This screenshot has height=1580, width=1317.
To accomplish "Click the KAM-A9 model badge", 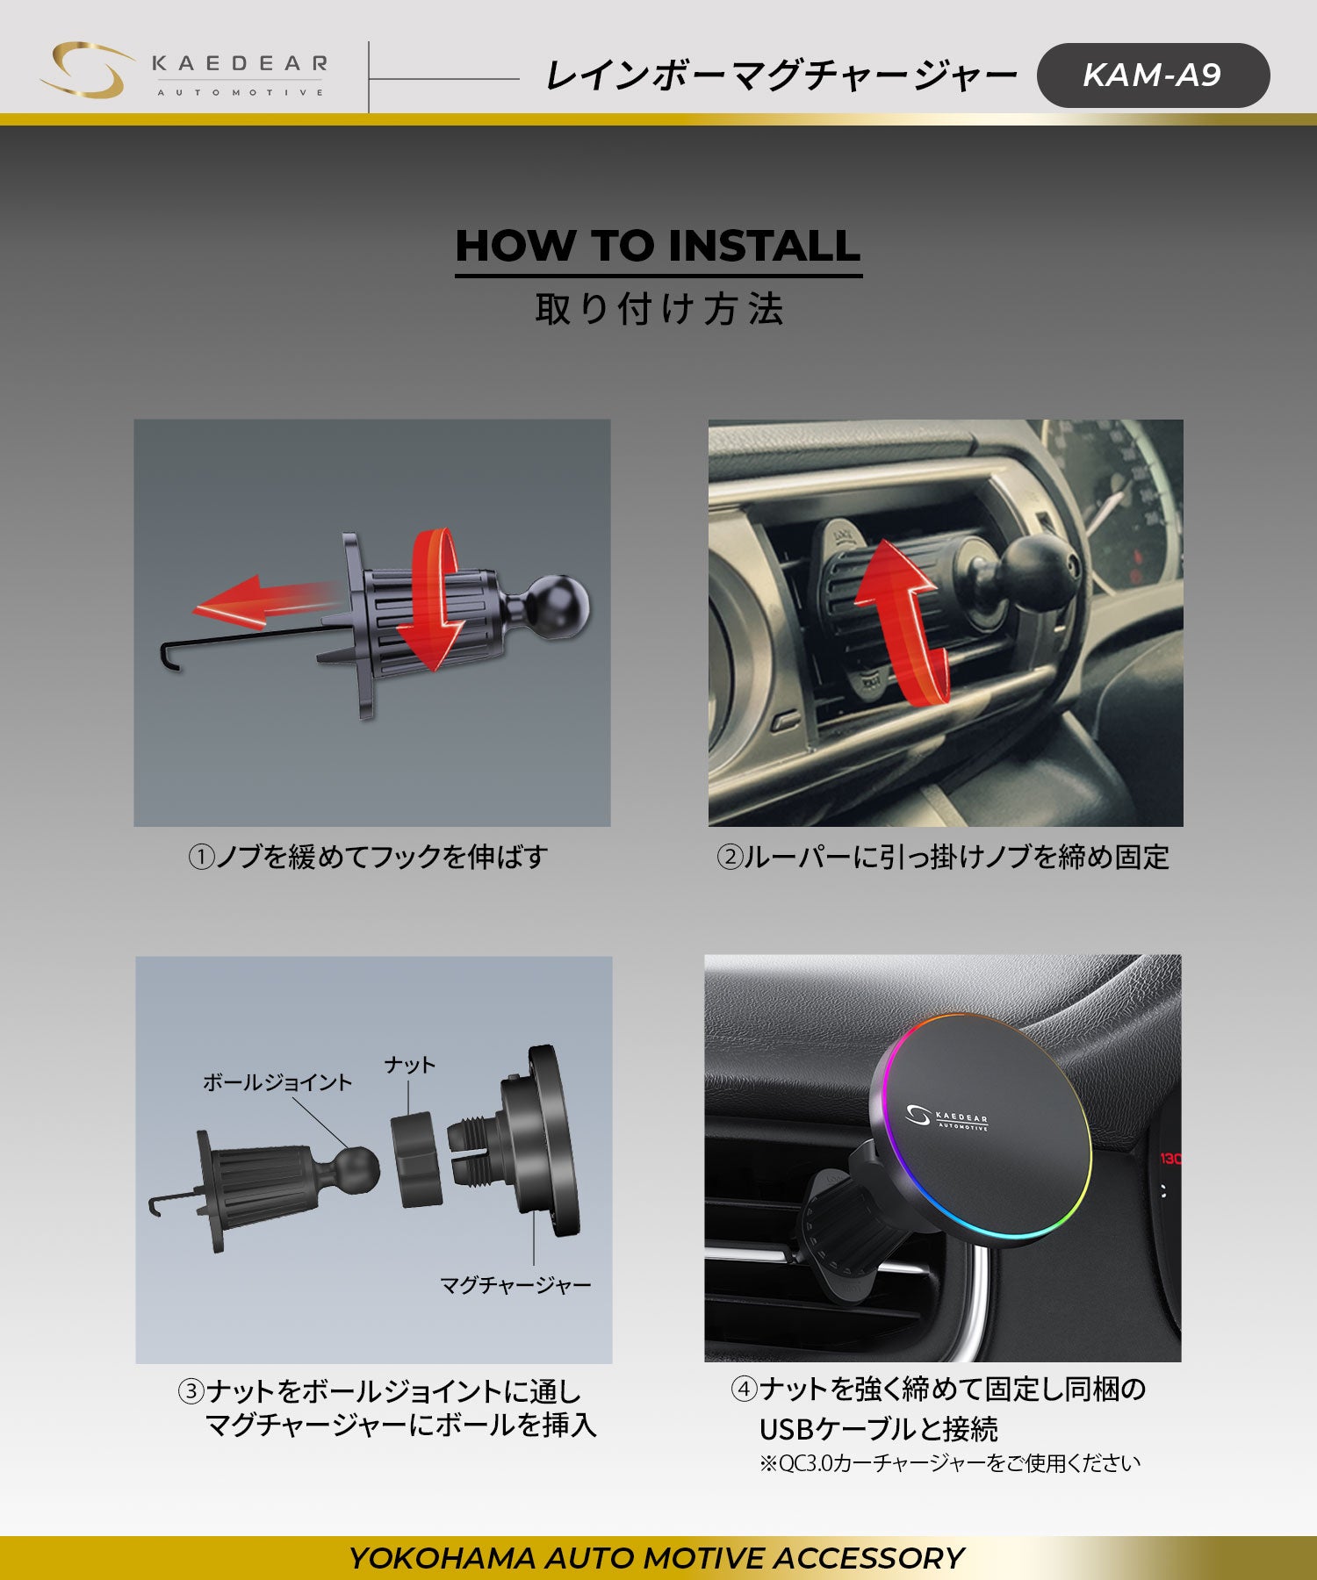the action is pos(1153,75).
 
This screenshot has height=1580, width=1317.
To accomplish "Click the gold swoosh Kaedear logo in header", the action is pos(86,70).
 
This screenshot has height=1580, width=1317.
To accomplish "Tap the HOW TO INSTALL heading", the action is pos(658,246).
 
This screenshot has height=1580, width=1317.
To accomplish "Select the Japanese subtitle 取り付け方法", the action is pos(659,309).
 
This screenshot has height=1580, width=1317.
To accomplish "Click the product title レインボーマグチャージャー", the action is pos(781,75).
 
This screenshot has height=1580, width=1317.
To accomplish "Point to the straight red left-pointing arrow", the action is pos(263,602).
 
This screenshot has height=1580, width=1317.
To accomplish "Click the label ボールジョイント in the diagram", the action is pos(277,1082).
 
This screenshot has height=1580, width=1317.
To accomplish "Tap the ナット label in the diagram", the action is pos(410,1065).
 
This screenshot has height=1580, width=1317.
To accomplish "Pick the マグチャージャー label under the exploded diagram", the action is pos(515,1286).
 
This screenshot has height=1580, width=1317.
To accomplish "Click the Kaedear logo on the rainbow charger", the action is pos(946,1117).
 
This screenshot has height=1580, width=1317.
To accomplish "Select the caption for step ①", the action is pos(368,857).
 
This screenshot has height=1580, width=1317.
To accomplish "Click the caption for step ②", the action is pos(943,857).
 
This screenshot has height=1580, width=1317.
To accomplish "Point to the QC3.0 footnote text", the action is pos(950,1463).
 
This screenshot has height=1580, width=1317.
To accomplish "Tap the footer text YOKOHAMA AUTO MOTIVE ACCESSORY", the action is pos(657,1558).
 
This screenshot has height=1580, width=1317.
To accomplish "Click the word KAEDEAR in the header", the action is pos(240,63).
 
